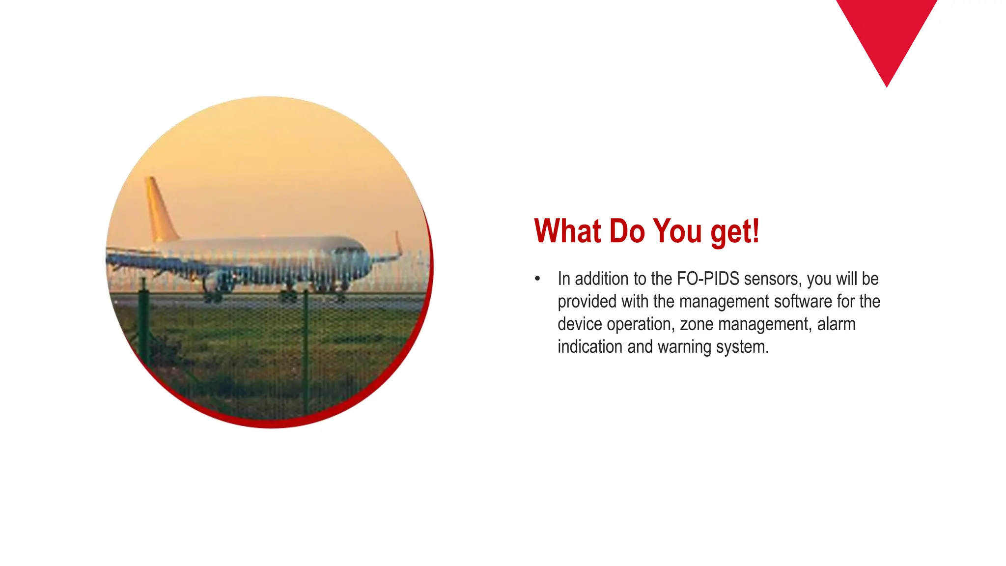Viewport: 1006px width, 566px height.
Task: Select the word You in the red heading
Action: coord(677,231)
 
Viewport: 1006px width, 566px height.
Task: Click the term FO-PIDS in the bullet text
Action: coord(708,279)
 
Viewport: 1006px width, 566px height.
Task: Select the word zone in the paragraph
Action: coord(697,324)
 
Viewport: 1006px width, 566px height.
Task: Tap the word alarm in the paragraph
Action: coord(836,324)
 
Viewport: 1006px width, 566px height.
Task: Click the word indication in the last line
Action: coord(590,347)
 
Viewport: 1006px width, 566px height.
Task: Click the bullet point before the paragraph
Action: coord(537,279)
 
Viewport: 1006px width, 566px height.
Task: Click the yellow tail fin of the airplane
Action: coord(160,209)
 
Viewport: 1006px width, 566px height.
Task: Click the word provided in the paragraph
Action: coord(587,301)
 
